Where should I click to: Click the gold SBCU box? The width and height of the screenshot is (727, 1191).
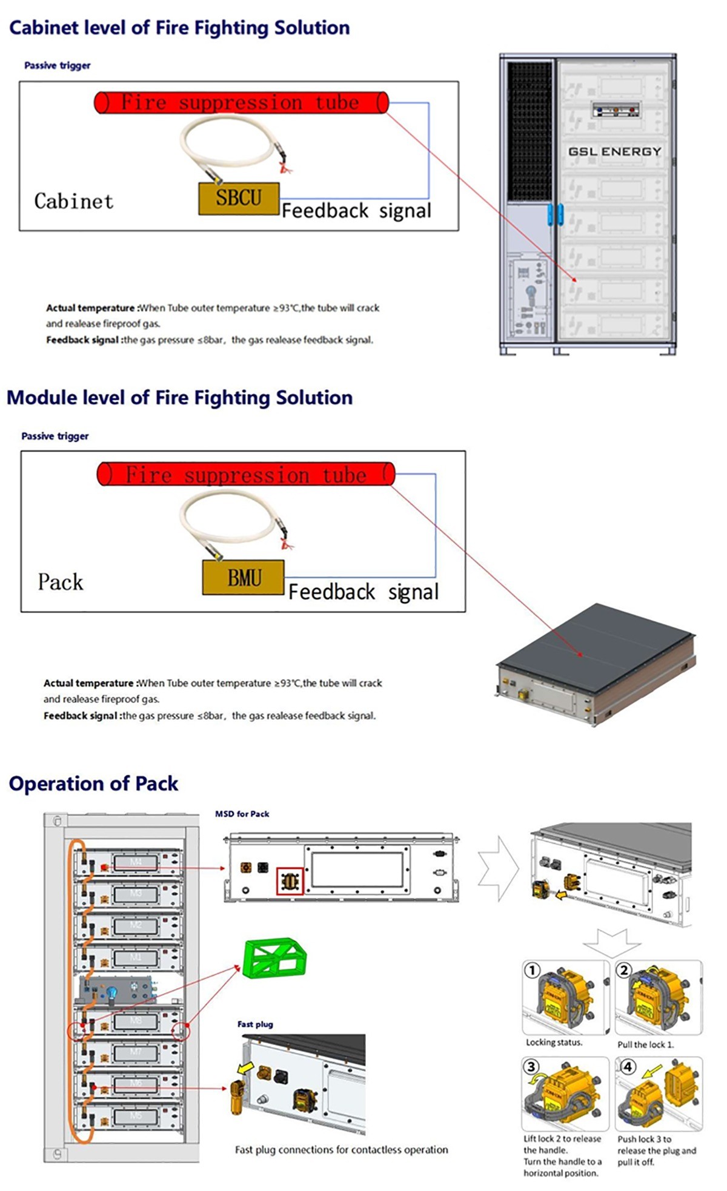tap(239, 198)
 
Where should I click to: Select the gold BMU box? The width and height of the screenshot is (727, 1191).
tap(244, 578)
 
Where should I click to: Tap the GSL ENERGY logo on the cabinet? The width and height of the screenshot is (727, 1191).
tap(614, 151)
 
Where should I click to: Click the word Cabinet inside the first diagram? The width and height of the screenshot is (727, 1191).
tap(73, 201)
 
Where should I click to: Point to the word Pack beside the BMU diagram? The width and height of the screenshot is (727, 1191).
tap(60, 582)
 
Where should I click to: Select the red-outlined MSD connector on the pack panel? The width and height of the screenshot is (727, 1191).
tap(290, 881)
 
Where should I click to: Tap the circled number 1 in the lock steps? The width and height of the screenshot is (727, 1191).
tap(532, 971)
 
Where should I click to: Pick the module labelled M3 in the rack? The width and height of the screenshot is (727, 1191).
tap(136, 894)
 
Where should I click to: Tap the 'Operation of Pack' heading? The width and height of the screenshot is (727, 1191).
tap(93, 784)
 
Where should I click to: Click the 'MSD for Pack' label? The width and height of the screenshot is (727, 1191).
tap(242, 814)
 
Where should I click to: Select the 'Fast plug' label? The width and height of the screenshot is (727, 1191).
tap(255, 1024)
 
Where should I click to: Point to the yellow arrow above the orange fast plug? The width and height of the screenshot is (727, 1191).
tap(244, 1068)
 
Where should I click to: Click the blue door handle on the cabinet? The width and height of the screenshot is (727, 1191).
tap(555, 214)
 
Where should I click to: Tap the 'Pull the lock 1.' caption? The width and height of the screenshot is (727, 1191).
tap(645, 1044)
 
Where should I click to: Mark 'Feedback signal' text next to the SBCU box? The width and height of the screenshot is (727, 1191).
tap(356, 211)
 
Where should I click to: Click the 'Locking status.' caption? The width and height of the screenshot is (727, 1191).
tap(554, 1042)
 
